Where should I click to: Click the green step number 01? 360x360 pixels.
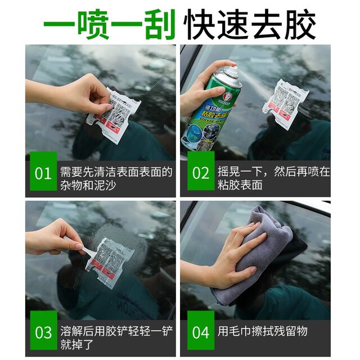43,173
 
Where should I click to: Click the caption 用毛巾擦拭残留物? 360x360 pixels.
263,331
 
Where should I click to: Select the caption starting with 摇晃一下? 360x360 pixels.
273,178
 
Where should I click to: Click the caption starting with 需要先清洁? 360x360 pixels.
115,178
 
